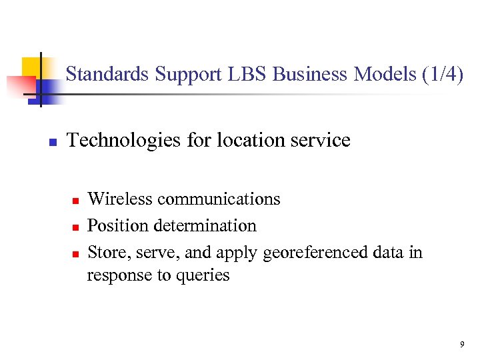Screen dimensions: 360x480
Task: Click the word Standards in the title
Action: coord(107,74)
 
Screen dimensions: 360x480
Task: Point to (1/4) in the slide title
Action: coord(442,74)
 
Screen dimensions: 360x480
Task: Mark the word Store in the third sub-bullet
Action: coord(103,253)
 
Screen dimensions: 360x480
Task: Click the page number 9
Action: coord(461,345)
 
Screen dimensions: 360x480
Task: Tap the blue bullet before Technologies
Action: coord(52,142)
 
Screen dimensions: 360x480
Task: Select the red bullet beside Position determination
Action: coord(76,227)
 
